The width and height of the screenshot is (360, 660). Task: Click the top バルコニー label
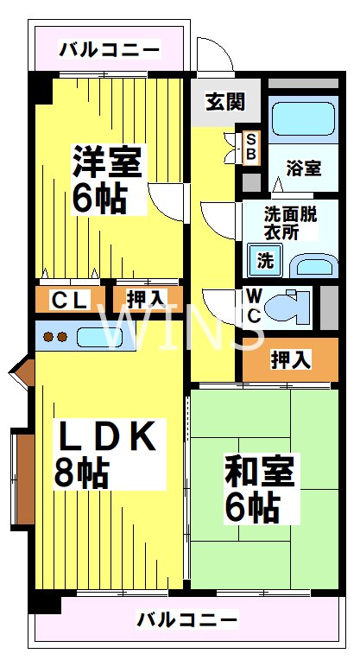pyautogui.click(x=109, y=49)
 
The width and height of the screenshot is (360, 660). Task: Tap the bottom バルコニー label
pyautogui.click(x=187, y=619)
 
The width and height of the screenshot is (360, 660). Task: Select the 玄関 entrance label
pyautogui.click(x=224, y=102)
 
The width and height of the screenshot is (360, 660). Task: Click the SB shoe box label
pyautogui.click(x=251, y=147)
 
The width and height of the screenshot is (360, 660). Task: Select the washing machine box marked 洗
pyautogui.click(x=262, y=258)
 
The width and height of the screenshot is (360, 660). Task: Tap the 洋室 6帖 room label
pyautogui.click(x=105, y=180)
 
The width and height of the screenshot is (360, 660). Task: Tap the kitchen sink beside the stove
pyautogui.click(x=102, y=337)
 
